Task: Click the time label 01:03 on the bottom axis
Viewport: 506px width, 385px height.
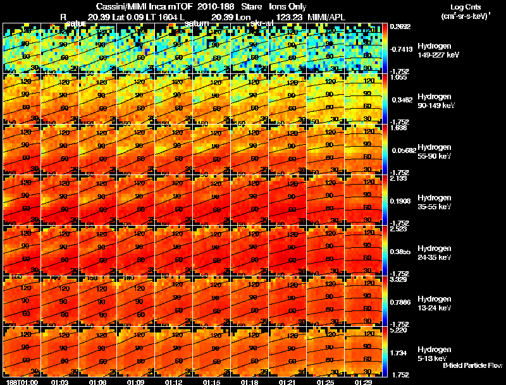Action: pyautogui.click(x=59, y=382)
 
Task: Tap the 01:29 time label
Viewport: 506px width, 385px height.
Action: pyautogui.click(x=363, y=382)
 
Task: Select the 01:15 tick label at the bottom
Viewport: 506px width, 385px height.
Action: pyautogui.click(x=211, y=382)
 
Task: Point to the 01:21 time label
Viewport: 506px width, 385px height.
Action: pyautogui.click(x=287, y=382)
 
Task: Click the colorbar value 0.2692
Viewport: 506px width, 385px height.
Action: pyautogui.click(x=400, y=27)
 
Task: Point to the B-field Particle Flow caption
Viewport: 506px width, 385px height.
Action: pyautogui.click(x=472, y=365)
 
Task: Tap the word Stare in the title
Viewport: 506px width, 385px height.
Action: pyautogui.click(x=244, y=7)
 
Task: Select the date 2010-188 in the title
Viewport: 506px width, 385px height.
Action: pyautogui.click(x=211, y=7)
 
